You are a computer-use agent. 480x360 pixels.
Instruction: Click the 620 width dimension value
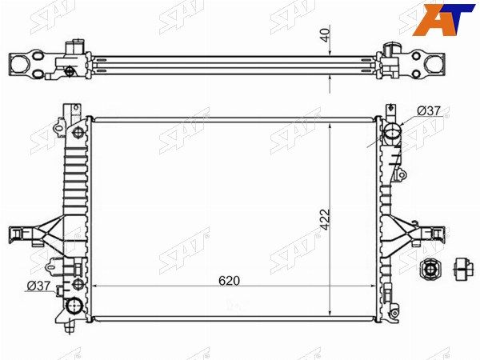pos(229,281)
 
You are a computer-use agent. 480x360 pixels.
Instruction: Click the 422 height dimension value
pos(325,219)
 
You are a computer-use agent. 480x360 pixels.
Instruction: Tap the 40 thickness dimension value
pos(326,35)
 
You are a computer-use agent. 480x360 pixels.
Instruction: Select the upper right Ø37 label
pos(429,111)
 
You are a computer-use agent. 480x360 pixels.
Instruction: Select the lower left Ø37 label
pos(38,286)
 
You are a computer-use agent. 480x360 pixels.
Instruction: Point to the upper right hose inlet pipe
pos(392,133)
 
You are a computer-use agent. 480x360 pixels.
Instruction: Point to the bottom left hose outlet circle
pos(74,306)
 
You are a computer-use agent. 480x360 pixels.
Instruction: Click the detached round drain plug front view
pos(429,270)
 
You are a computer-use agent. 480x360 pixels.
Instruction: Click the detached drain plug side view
pos(463,270)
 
